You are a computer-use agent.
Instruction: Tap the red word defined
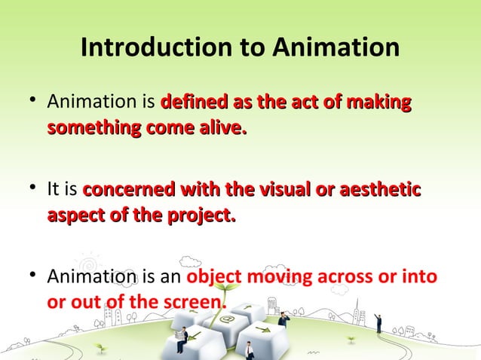click(x=189, y=101)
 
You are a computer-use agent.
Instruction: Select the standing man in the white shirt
click(x=248, y=350)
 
